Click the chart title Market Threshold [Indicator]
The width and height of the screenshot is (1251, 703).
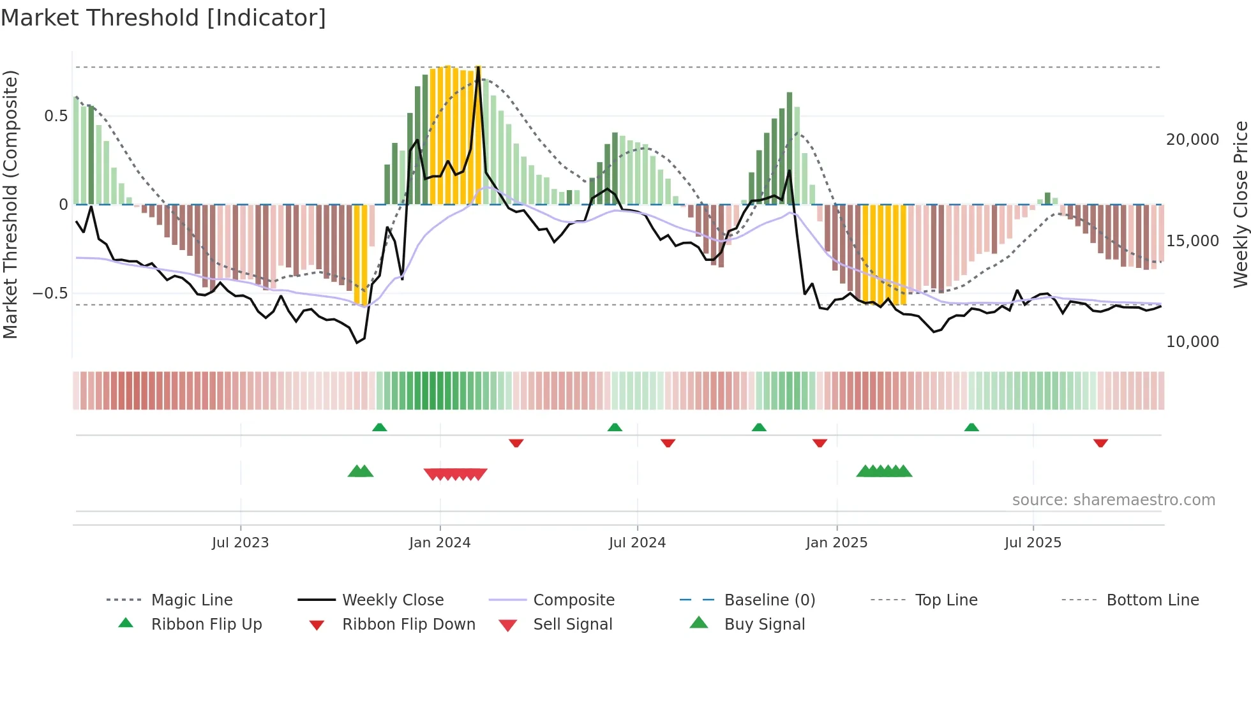tap(163, 18)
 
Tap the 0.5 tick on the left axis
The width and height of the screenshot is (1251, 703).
tap(56, 116)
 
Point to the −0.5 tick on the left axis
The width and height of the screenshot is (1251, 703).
tap(50, 293)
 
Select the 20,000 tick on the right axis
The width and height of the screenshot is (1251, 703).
tap(1192, 140)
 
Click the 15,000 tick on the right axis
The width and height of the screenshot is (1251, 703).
tap(1192, 241)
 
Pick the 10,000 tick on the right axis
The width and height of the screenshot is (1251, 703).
tap(1192, 342)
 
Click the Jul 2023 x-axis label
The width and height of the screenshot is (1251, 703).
tap(241, 543)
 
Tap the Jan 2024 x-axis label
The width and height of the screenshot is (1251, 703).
tap(440, 543)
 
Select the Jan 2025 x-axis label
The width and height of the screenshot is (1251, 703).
tap(837, 543)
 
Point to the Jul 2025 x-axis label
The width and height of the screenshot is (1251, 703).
tap(1033, 543)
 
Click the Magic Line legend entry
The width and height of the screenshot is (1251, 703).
tap(191, 600)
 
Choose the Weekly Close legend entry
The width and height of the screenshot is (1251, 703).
tap(393, 600)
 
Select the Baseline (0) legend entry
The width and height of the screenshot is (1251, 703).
tap(769, 600)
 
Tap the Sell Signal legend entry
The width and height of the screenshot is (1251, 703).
tap(573, 625)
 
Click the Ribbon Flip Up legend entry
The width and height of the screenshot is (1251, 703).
tap(206, 625)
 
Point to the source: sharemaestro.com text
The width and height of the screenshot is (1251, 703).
tap(1113, 500)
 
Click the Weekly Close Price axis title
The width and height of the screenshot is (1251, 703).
tap(1241, 204)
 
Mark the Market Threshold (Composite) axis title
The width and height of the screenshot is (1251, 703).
tap(10, 204)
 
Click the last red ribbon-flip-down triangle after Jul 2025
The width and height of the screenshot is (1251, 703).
tap(1100, 443)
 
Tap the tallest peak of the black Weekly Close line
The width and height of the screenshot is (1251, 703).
tap(479, 67)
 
